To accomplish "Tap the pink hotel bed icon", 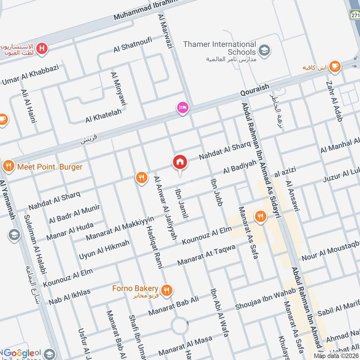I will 183,108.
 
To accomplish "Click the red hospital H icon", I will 42,48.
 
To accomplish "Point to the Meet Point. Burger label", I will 49,167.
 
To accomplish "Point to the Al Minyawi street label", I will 119,88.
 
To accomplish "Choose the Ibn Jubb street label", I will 216,193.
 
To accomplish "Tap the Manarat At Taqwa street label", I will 206,255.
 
